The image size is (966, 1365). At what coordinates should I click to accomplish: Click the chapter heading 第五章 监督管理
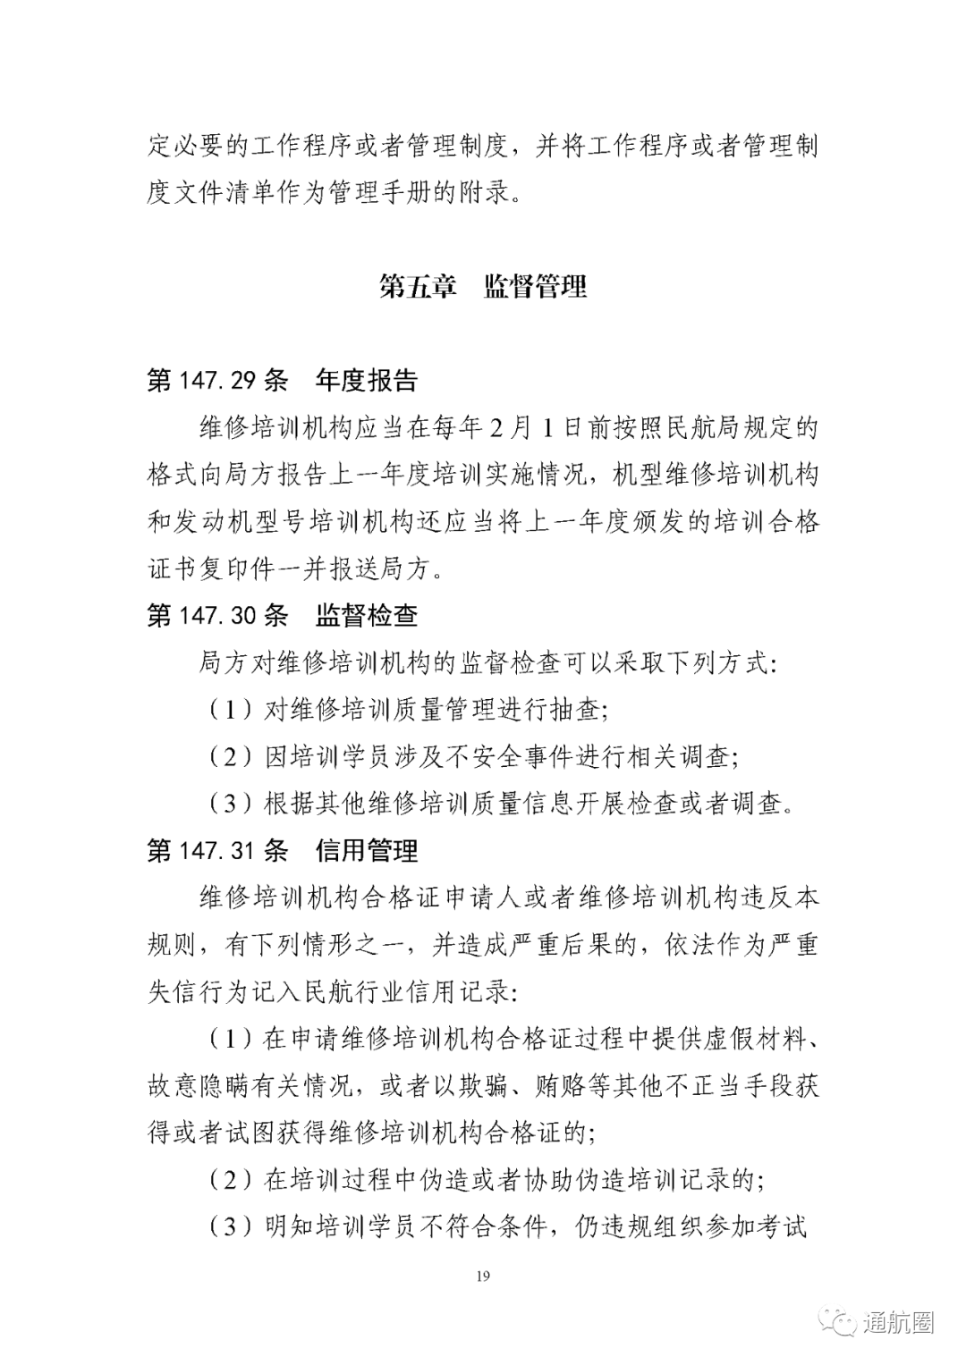click(483, 287)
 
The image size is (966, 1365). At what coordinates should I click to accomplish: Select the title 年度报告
click(367, 381)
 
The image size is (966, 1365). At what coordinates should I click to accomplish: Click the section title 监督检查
click(367, 615)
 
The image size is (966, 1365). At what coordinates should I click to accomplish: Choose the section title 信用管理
click(367, 850)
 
